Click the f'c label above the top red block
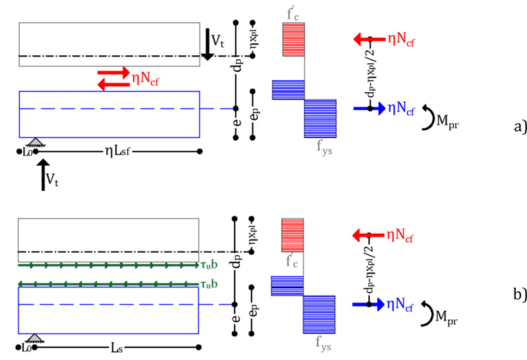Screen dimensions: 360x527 point(292,13)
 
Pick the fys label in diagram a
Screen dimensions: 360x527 point(321,145)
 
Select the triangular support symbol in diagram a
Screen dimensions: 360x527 point(34,143)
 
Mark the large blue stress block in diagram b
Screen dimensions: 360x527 point(319,314)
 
